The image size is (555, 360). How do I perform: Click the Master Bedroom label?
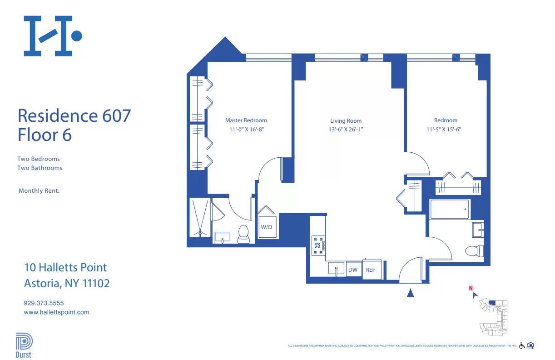246,120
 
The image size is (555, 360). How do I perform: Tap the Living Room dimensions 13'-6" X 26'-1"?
346,130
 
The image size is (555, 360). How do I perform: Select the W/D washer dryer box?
267,227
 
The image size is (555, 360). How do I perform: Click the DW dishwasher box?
353,270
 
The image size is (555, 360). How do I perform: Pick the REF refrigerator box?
371,270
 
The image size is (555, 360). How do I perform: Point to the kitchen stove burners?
317,245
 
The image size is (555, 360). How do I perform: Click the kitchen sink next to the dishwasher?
336,268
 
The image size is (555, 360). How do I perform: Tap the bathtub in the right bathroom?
450,209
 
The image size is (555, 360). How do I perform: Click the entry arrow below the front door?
411,293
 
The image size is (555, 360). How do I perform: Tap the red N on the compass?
471,288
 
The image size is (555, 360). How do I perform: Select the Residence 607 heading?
74,115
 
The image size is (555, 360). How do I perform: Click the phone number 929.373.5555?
44,303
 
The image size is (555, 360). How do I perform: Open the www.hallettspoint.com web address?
56,312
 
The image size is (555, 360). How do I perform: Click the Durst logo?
24,345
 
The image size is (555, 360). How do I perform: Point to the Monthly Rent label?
39,191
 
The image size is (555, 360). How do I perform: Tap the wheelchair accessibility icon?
522,345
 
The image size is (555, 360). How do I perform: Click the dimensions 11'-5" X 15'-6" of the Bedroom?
446,129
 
